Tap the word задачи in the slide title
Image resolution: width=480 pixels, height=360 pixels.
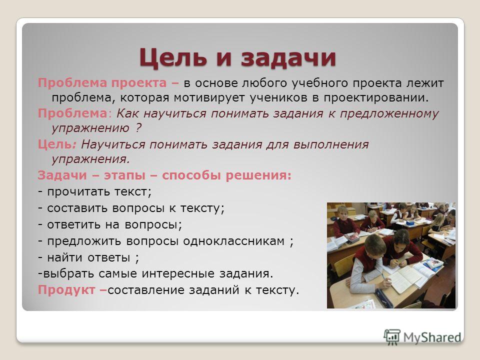coord(288,58)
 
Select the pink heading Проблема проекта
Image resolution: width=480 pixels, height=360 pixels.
coord(102,83)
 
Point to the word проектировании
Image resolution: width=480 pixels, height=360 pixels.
coord(376,98)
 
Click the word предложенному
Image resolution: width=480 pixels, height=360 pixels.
coord(389,114)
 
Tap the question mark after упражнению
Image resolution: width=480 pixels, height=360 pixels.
coord(138,127)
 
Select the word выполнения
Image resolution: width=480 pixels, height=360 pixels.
coord(331,144)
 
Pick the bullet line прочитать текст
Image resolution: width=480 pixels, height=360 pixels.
coord(95,192)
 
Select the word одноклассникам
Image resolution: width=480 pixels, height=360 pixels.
coord(234,241)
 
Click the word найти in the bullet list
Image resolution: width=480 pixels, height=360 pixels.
coord(65,257)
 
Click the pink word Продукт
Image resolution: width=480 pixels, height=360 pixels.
coord(66,290)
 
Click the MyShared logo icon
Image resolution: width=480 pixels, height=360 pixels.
coord(392,337)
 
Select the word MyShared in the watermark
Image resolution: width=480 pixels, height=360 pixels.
coord(432,337)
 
